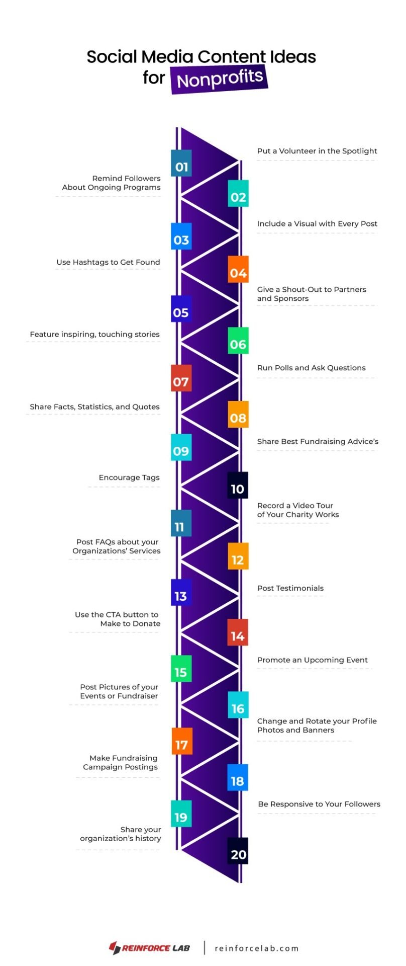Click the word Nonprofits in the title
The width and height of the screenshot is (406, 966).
[x=220, y=79]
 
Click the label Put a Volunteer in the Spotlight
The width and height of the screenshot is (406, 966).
[x=317, y=151]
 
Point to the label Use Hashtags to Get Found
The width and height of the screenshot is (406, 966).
[x=108, y=262]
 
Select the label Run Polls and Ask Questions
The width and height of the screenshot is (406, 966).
[x=312, y=368]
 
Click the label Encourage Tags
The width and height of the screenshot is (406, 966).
[x=129, y=477]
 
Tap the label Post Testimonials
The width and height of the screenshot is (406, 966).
[x=290, y=588]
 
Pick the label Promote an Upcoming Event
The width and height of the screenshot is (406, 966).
[x=313, y=660]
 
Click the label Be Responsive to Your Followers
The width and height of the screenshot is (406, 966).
[x=319, y=804]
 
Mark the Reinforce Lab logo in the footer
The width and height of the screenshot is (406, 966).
[x=150, y=948]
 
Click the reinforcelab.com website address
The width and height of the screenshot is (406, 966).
[x=257, y=948]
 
